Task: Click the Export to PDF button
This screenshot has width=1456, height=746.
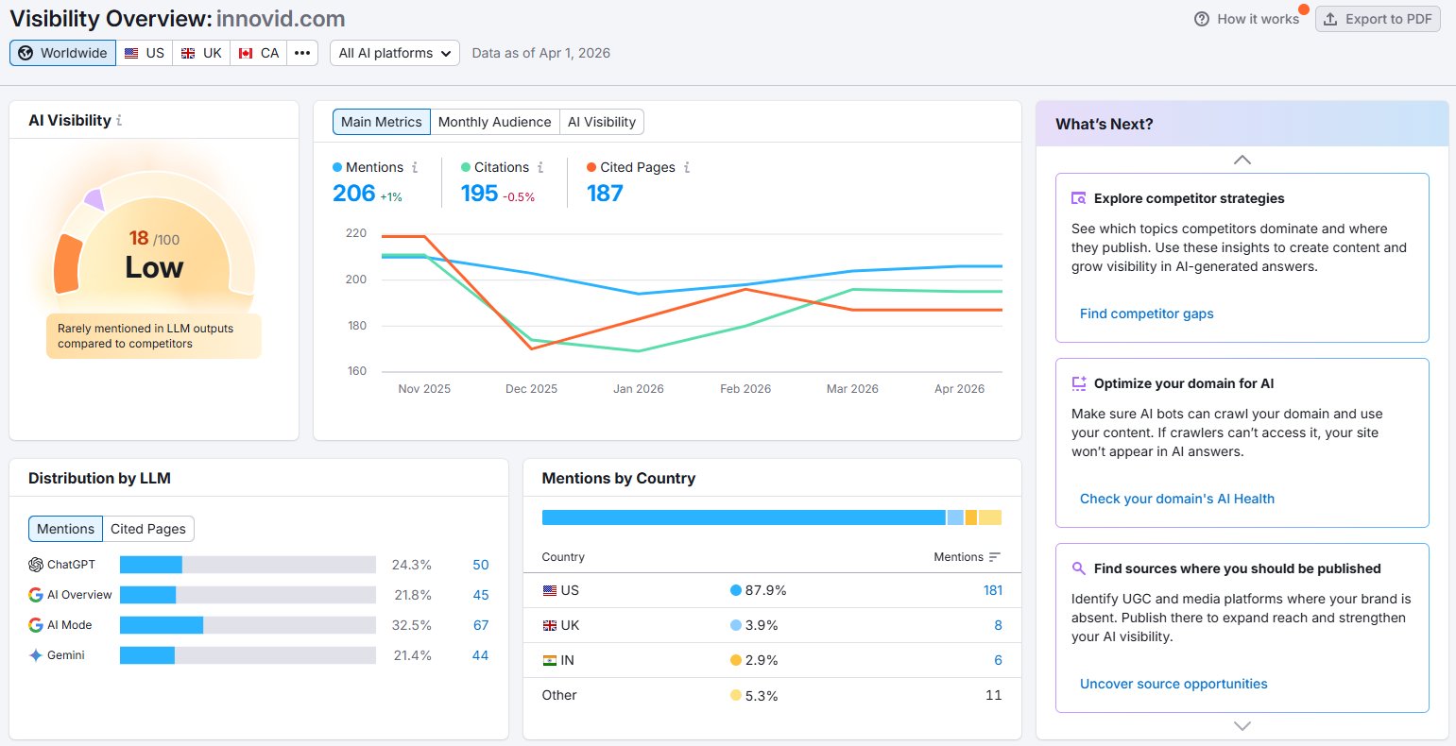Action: click(x=1378, y=19)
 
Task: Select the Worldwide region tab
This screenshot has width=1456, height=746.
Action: click(x=63, y=53)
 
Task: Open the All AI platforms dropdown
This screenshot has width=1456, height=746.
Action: click(x=394, y=53)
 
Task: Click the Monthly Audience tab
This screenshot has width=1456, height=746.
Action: click(x=494, y=122)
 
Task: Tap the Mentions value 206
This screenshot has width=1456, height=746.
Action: click(x=354, y=193)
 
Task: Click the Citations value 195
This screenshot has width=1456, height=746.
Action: click(x=479, y=193)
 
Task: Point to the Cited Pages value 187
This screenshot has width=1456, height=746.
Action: click(x=605, y=193)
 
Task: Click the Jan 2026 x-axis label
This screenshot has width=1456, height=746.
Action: click(x=638, y=388)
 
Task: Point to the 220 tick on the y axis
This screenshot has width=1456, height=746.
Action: click(x=356, y=233)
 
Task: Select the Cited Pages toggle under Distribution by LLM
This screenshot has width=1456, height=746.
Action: click(x=148, y=529)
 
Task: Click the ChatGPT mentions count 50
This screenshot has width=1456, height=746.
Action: click(x=480, y=565)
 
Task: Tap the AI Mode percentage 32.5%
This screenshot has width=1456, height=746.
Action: click(x=411, y=625)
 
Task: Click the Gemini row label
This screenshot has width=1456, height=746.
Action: click(x=65, y=655)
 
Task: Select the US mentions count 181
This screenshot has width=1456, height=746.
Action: click(x=992, y=590)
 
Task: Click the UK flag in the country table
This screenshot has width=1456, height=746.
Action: click(x=549, y=625)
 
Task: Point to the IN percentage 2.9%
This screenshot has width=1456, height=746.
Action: click(x=761, y=660)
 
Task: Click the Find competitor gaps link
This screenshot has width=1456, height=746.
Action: click(x=1146, y=314)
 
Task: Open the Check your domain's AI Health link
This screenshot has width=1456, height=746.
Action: click(x=1176, y=499)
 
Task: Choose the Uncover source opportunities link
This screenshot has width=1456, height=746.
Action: click(x=1173, y=684)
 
